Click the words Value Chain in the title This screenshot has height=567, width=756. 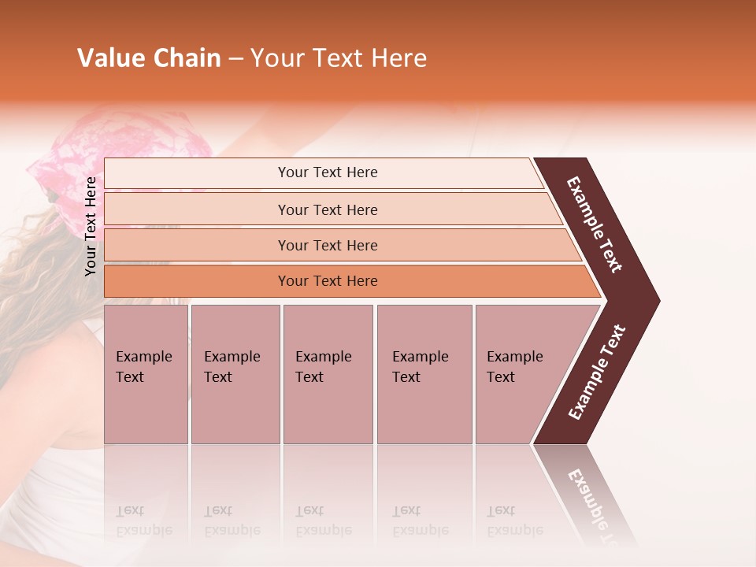[149, 58]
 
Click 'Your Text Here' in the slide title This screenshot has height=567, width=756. [339, 58]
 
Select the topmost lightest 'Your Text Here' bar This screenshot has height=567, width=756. [327, 172]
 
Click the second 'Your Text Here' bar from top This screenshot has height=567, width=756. [327, 209]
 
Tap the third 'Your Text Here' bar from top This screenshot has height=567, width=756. [327, 245]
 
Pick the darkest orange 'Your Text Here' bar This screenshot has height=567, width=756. [327, 281]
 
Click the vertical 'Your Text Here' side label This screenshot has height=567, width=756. [91, 226]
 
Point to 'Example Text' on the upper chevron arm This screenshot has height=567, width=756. [595, 224]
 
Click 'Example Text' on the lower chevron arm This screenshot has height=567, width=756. [597, 372]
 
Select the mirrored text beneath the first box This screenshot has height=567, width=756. [143, 521]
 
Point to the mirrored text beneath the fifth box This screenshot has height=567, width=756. [514, 521]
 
